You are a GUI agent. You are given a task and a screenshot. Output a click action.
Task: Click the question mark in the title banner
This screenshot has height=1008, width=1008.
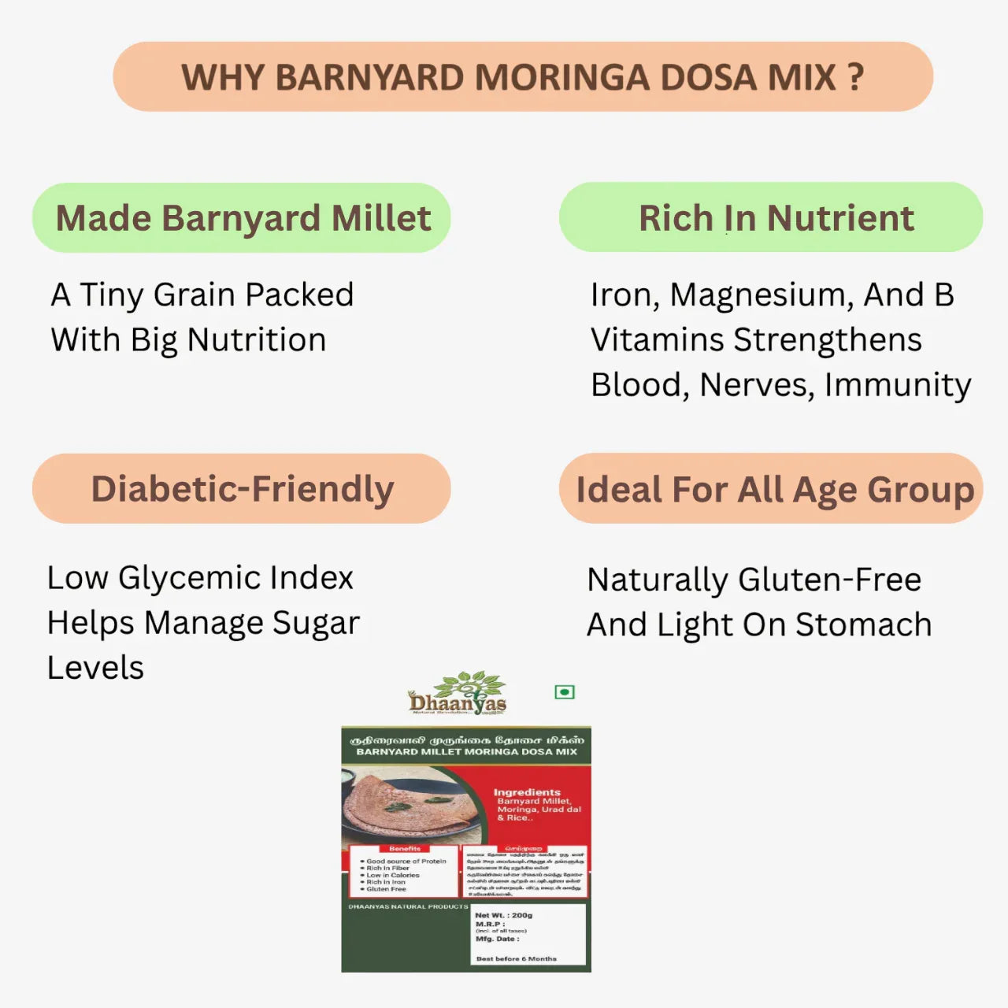tap(856, 77)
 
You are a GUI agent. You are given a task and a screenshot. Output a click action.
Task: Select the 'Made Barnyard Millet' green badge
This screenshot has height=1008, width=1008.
tap(242, 218)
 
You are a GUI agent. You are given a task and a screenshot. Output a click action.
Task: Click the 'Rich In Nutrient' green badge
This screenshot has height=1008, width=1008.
tap(771, 218)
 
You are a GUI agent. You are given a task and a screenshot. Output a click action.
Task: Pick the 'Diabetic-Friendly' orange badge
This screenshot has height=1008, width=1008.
tap(242, 489)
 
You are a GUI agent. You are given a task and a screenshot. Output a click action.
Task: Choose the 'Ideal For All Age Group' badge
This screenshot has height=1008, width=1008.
tap(771, 489)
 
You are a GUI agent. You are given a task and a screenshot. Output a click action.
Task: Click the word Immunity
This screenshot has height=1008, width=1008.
tap(898, 386)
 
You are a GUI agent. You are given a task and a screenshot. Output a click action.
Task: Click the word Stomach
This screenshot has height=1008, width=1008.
tap(863, 625)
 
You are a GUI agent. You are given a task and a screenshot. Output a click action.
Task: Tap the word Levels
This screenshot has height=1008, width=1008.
tap(95, 668)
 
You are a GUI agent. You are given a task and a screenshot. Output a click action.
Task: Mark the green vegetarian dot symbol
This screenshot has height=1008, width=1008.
tap(565, 692)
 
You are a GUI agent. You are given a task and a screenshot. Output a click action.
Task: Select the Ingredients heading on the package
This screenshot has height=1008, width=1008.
tap(527, 792)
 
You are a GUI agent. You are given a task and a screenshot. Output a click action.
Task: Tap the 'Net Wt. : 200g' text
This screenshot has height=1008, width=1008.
tap(504, 915)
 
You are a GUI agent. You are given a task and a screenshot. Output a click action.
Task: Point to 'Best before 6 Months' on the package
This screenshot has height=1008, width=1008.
tap(516, 958)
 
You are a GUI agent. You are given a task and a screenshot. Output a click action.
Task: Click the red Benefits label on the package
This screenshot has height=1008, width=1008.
tap(405, 849)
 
